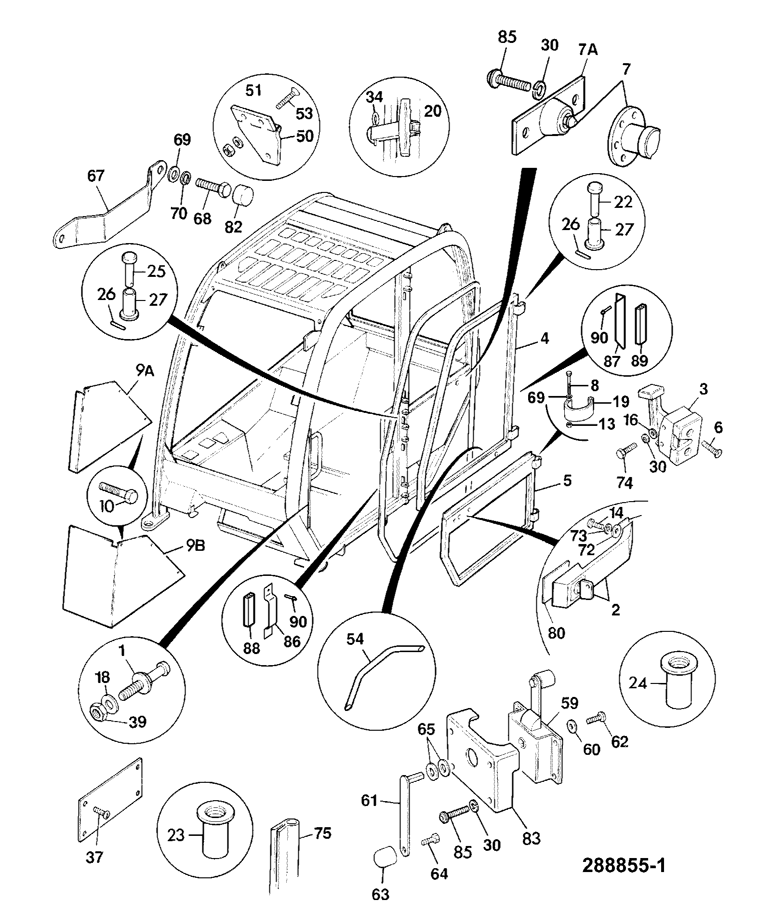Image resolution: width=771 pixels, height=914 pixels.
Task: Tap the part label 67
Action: click(95, 176)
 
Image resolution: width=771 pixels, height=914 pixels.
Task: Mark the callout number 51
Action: click(253, 91)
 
